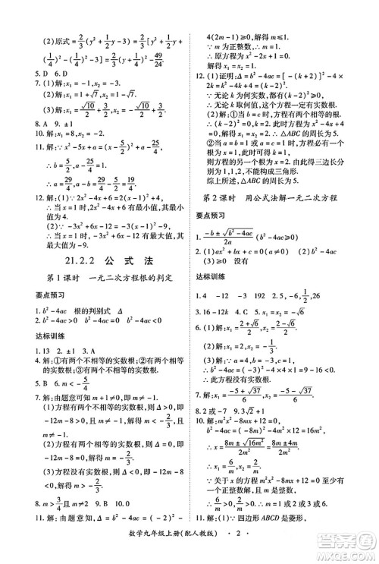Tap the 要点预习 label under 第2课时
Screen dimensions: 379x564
pyautogui.click(x=212, y=215)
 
